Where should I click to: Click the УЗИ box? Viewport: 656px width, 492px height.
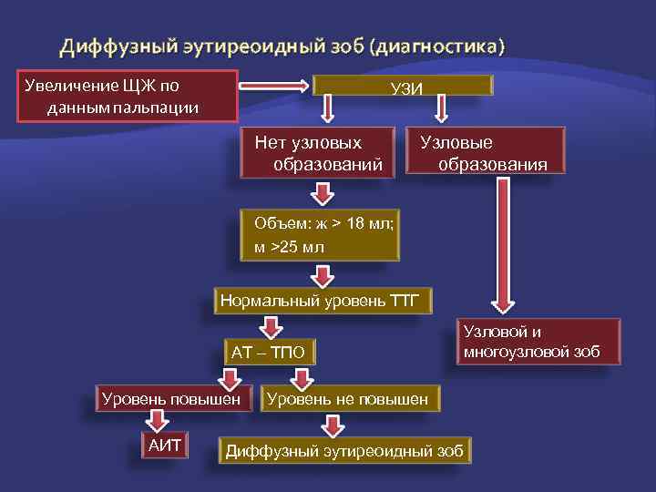pyautogui.click(x=402, y=86)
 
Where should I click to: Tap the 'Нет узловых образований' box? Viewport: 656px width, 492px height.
pyautogui.click(x=318, y=153)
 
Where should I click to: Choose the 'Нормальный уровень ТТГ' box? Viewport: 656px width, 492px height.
pyautogui.click(x=323, y=301)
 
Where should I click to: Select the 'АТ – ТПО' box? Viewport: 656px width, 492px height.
pyautogui.click(x=270, y=352)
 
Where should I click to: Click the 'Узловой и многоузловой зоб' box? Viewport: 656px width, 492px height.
pyautogui.click(x=538, y=342)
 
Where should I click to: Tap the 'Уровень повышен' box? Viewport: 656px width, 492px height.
pyautogui.click(x=172, y=398)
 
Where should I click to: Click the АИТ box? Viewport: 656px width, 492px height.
pyautogui.click(x=164, y=445)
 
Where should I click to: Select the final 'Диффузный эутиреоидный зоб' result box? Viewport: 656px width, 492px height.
pyautogui.click(x=345, y=450)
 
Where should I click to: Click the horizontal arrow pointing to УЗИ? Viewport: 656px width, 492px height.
pyautogui.click(x=274, y=88)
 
